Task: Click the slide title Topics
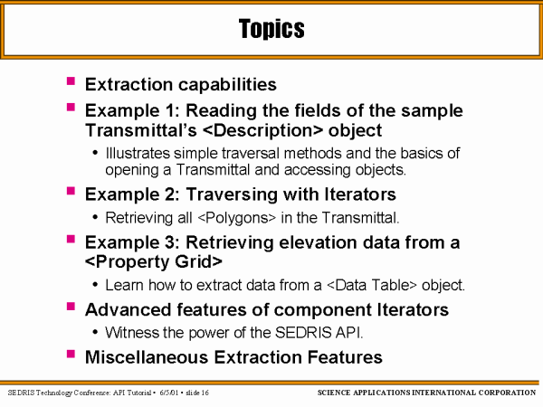tap(271, 29)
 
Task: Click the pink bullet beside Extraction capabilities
tap(71, 81)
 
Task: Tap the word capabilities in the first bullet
tap(228, 84)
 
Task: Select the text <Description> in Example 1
tap(262, 130)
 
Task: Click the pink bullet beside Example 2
tap(71, 191)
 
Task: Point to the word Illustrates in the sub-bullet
tap(138, 153)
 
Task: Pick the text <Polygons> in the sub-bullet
tap(237, 218)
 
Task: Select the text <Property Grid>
tap(154, 261)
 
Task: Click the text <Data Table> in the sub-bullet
tap(372, 285)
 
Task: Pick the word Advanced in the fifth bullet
tap(129, 309)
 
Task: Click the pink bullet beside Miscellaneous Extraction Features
tap(71, 354)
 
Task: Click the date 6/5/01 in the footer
tap(169, 393)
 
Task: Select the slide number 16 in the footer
tap(205, 393)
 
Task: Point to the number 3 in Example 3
tap(170, 242)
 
